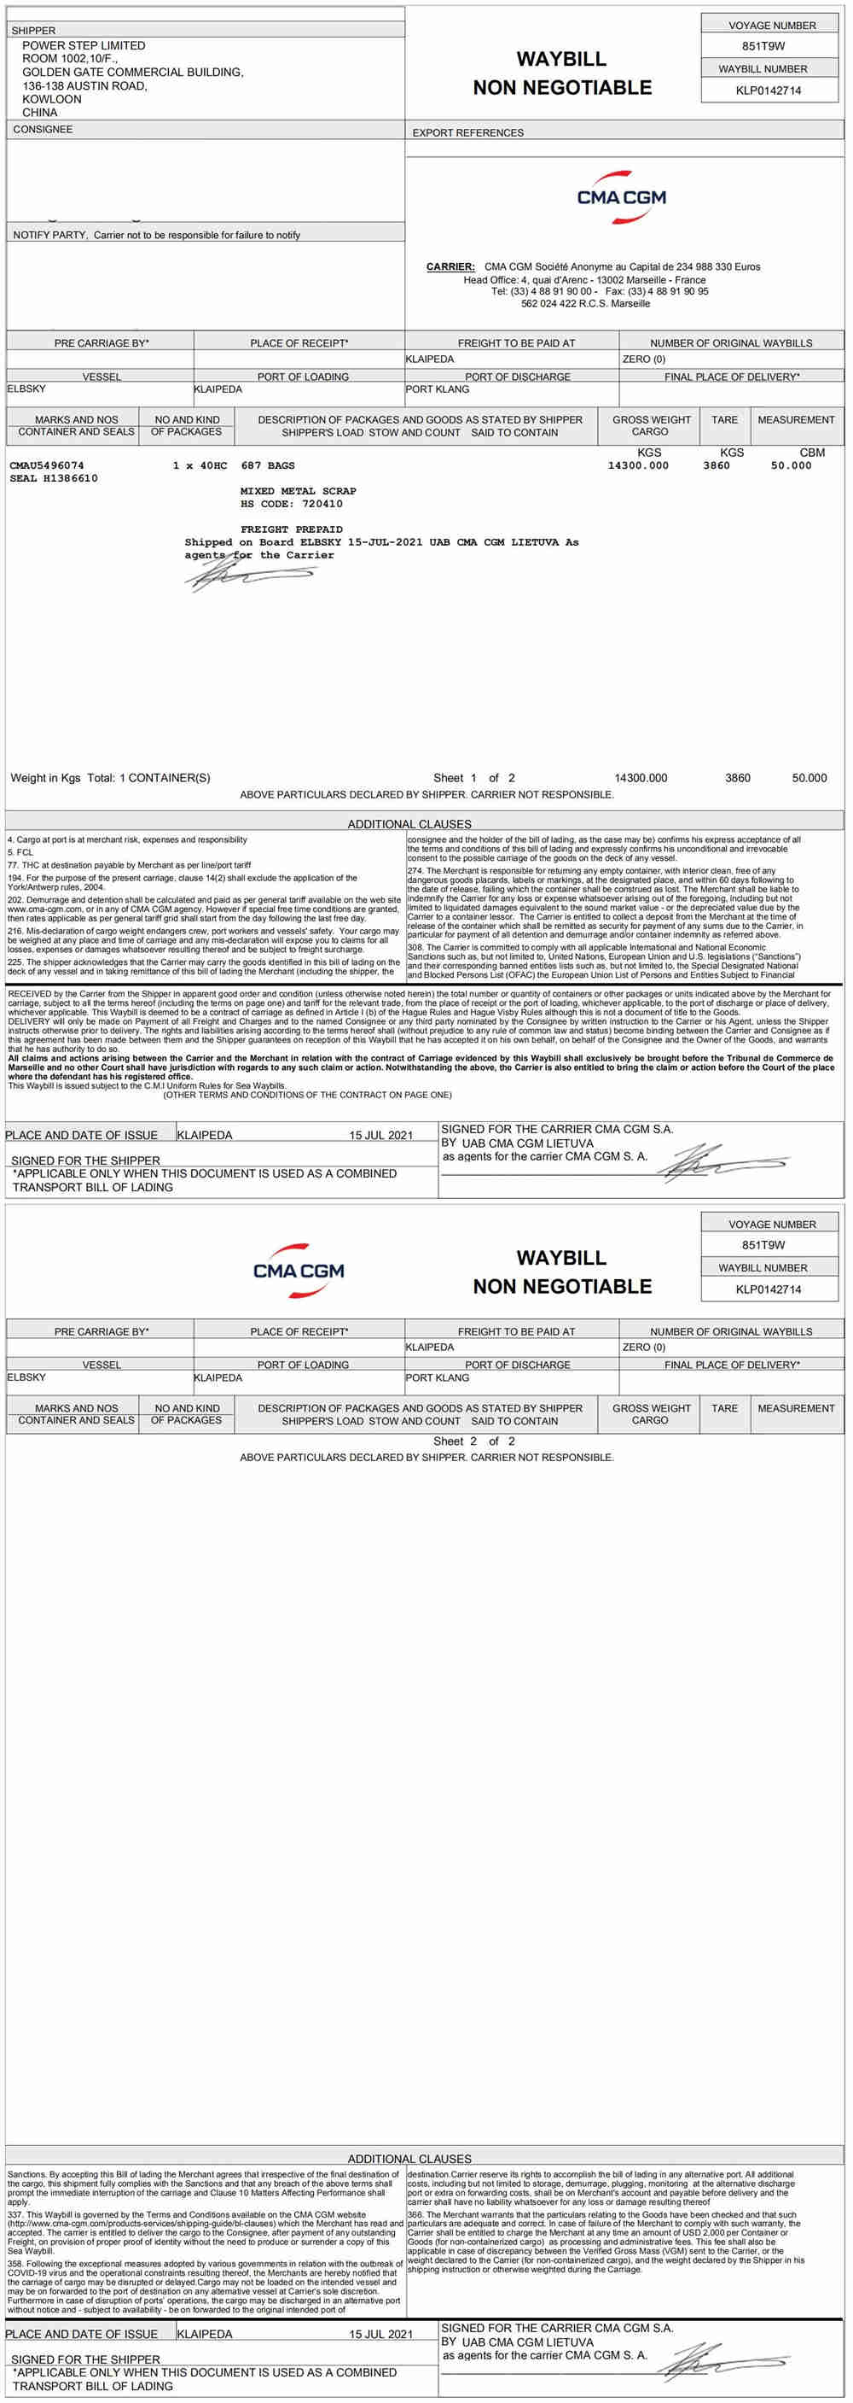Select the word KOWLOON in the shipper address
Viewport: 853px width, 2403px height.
(51, 99)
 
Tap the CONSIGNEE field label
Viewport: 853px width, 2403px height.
(42, 130)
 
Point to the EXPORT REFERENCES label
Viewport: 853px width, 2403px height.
(467, 133)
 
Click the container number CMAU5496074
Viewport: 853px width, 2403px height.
(47, 465)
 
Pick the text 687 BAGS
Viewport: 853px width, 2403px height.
(268, 465)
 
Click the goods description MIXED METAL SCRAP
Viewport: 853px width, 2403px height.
(299, 491)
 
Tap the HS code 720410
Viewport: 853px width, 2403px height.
(322, 504)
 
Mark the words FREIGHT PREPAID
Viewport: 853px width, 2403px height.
(291, 529)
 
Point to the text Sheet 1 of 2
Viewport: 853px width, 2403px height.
(473, 778)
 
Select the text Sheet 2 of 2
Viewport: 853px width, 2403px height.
(473, 1441)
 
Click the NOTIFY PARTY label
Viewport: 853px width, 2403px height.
(49, 235)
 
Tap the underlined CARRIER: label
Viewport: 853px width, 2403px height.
(450, 266)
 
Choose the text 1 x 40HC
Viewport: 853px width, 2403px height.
(200, 465)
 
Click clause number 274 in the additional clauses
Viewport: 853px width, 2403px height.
(415, 871)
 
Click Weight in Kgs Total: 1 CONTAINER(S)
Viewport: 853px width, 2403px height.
(110, 778)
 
